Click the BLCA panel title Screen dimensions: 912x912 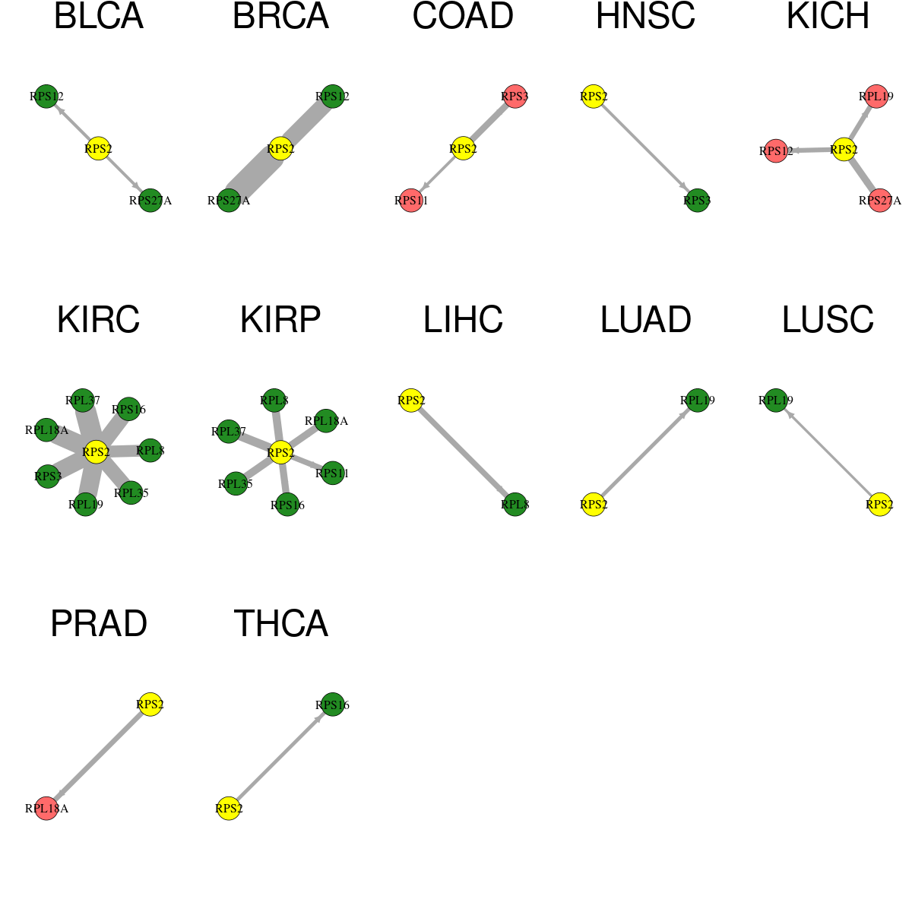99,16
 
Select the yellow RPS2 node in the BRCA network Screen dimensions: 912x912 280,149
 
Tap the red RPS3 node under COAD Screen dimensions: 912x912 515,97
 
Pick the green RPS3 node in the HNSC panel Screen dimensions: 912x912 697,201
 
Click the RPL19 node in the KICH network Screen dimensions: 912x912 876,97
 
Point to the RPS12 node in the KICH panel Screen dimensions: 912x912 776,151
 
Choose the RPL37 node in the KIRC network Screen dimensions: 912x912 83,401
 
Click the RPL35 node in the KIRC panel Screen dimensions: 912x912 131,492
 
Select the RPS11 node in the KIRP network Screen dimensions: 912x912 332,473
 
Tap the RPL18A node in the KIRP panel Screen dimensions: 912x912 325,421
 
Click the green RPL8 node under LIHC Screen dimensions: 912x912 515,505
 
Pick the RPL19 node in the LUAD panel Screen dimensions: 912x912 697,401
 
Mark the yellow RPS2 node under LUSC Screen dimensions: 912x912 879,505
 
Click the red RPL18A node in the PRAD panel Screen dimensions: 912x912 46,809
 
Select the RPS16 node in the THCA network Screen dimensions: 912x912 333,705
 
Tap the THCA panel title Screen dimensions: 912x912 280,624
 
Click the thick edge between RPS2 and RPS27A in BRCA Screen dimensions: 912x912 255,175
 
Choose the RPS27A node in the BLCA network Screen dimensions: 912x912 150,201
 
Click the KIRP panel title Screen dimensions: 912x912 280,320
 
